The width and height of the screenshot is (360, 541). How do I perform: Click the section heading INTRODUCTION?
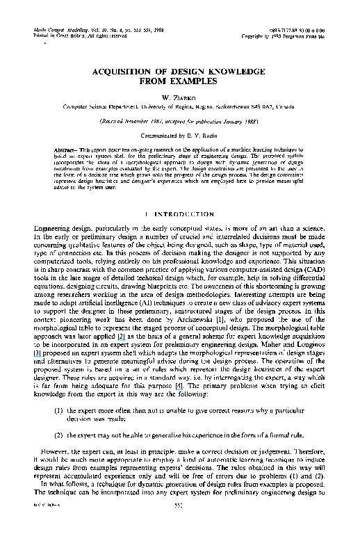coord(183,213)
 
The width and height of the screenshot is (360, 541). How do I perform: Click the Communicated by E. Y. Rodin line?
coord(179,136)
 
